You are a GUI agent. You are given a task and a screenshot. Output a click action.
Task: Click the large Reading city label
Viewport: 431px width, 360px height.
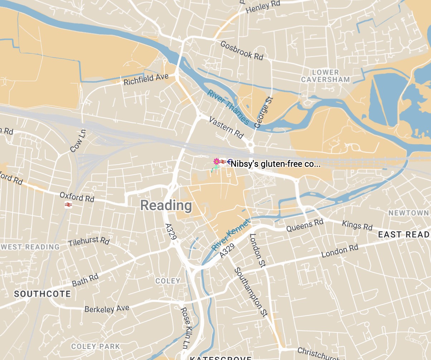166,205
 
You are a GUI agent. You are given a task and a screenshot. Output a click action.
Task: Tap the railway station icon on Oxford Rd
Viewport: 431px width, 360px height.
68,205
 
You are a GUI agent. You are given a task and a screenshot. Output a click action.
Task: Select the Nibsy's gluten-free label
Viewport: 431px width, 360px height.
275,164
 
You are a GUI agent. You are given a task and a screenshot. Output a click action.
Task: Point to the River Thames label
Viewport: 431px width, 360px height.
228,107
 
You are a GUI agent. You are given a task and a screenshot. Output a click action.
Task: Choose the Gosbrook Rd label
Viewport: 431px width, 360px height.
242,50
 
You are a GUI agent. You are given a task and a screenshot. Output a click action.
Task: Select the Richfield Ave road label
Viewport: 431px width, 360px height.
146,79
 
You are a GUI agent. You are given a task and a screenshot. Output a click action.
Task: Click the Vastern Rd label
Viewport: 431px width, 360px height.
226,127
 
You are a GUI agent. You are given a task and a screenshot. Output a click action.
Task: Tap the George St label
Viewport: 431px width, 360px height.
263,112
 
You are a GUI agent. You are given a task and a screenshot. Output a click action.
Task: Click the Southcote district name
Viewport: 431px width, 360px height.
42,294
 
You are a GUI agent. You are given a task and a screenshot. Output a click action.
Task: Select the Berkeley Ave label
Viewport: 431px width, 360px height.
107,308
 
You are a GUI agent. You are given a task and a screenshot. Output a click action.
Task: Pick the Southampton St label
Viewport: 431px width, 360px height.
251,292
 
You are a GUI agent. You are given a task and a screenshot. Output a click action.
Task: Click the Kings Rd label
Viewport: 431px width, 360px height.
357,225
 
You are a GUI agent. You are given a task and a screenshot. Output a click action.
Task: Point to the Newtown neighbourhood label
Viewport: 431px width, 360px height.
408,213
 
